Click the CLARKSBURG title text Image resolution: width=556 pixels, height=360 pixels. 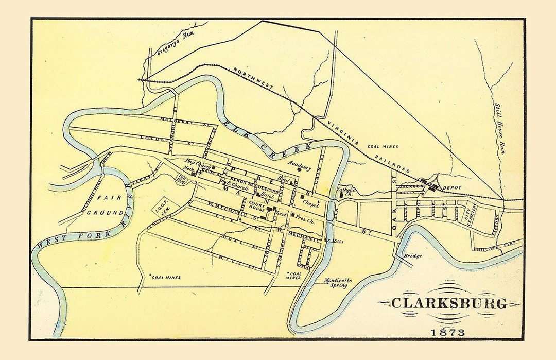(448, 303)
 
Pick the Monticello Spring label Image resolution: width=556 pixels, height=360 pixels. (338, 283)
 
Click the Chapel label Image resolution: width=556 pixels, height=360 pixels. (310, 204)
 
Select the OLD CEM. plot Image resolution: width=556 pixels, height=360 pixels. (182, 179)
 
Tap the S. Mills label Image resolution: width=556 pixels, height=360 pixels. (336, 241)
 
